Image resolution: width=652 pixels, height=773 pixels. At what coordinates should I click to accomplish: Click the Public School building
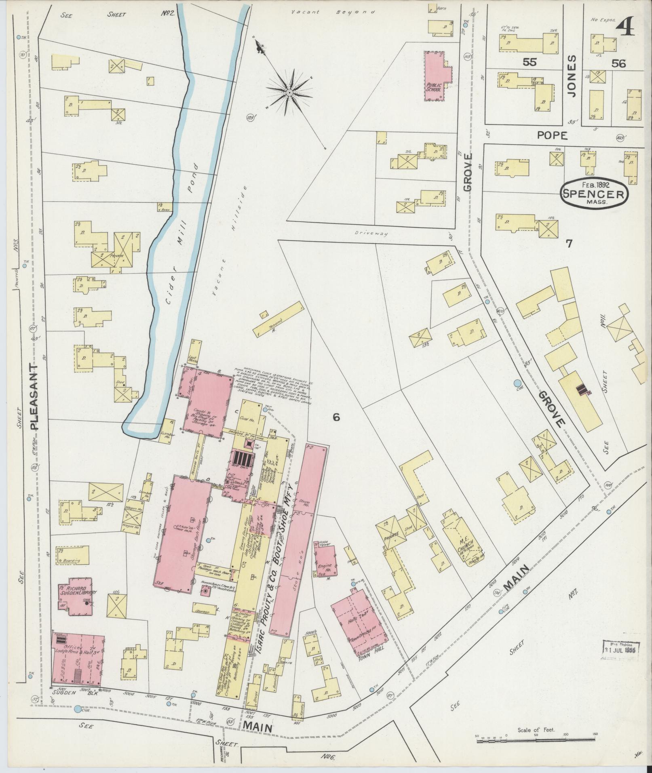(435, 77)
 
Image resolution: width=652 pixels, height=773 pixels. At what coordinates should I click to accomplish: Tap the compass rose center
(289, 93)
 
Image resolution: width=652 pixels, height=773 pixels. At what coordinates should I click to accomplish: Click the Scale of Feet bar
(536, 740)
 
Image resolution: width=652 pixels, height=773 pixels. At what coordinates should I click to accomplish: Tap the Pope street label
(552, 136)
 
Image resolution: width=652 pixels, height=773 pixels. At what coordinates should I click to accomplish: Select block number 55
(529, 62)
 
